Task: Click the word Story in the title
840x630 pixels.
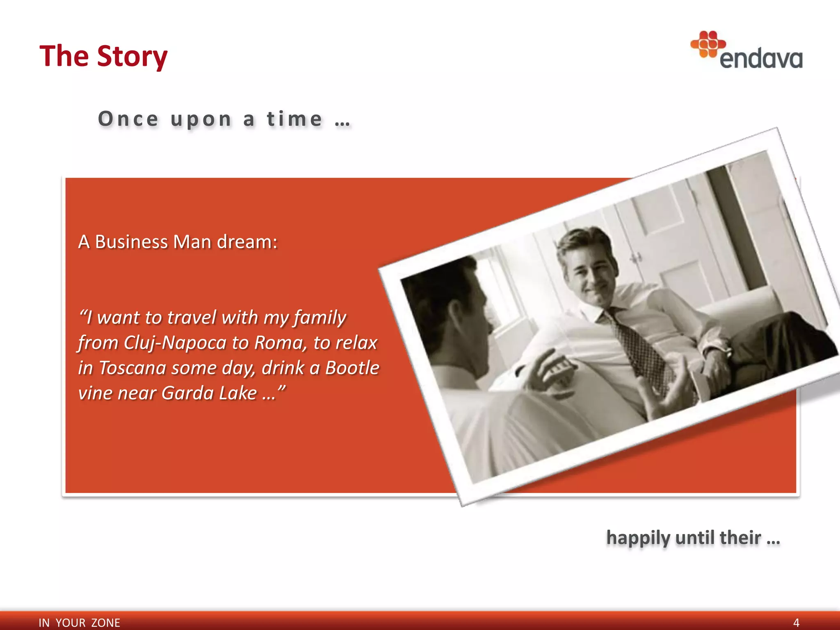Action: (x=132, y=56)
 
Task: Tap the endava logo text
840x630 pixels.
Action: (x=761, y=59)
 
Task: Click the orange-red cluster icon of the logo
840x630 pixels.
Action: (x=708, y=44)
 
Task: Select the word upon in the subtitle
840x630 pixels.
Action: (x=201, y=119)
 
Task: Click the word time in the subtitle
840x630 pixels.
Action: (x=294, y=119)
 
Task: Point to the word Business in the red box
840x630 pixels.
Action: (x=131, y=242)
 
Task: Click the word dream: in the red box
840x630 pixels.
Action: (x=247, y=242)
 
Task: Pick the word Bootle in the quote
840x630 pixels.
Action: (x=352, y=367)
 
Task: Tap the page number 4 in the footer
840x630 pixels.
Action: (x=796, y=623)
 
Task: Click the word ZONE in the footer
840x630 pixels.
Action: (x=105, y=623)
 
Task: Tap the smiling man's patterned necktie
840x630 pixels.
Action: (x=640, y=349)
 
